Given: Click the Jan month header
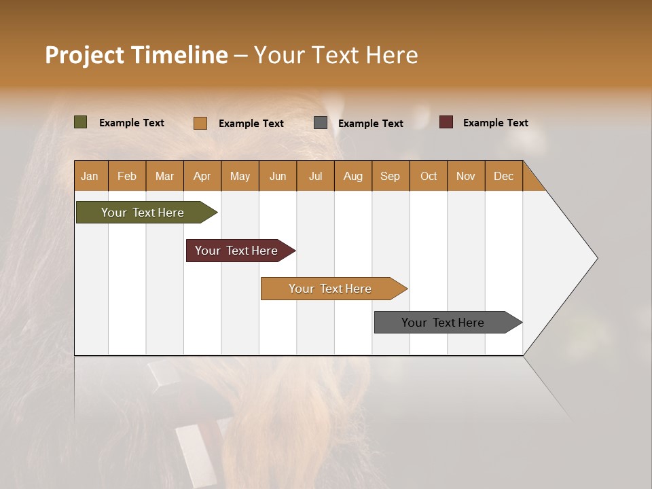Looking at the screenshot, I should point(90,176).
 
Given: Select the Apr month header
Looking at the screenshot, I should point(202,176).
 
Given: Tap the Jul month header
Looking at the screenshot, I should point(316,176).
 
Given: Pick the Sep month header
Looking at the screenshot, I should point(391,176).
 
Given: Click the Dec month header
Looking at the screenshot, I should point(504,176).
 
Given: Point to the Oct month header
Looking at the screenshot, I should point(429,176).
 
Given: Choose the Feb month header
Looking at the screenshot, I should point(127,176).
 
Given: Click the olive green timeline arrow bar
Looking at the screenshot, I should point(143,213).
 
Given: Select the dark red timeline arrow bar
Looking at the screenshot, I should point(236,251).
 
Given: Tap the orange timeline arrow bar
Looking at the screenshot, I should point(330,289).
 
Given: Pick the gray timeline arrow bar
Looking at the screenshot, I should point(443,323).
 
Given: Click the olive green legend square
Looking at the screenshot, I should point(81,122).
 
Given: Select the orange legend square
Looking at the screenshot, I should point(200,123).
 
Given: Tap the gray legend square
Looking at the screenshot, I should point(321,123).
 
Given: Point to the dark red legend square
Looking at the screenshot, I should point(446,122).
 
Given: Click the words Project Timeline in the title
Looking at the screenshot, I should point(137,55).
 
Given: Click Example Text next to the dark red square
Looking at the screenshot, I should point(495,123).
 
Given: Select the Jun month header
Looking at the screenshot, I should point(278,176).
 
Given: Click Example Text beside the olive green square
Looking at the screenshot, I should point(132,123).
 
